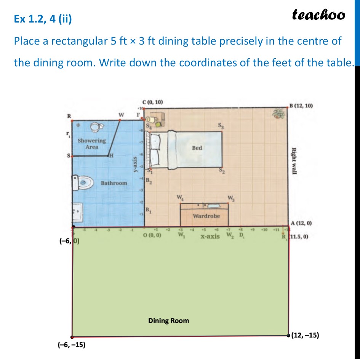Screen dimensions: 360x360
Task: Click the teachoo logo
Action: (x=318, y=14)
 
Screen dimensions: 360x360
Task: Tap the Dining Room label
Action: (x=168, y=320)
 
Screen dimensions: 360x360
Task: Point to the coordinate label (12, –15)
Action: (x=305, y=336)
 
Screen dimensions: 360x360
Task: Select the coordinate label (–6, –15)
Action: (x=72, y=345)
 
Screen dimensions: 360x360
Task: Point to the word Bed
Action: (x=197, y=148)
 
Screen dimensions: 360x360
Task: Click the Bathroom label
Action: (x=114, y=183)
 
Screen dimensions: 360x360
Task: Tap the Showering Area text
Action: (x=91, y=143)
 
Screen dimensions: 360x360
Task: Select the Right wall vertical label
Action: (x=294, y=161)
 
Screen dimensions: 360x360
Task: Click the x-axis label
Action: (x=210, y=236)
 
